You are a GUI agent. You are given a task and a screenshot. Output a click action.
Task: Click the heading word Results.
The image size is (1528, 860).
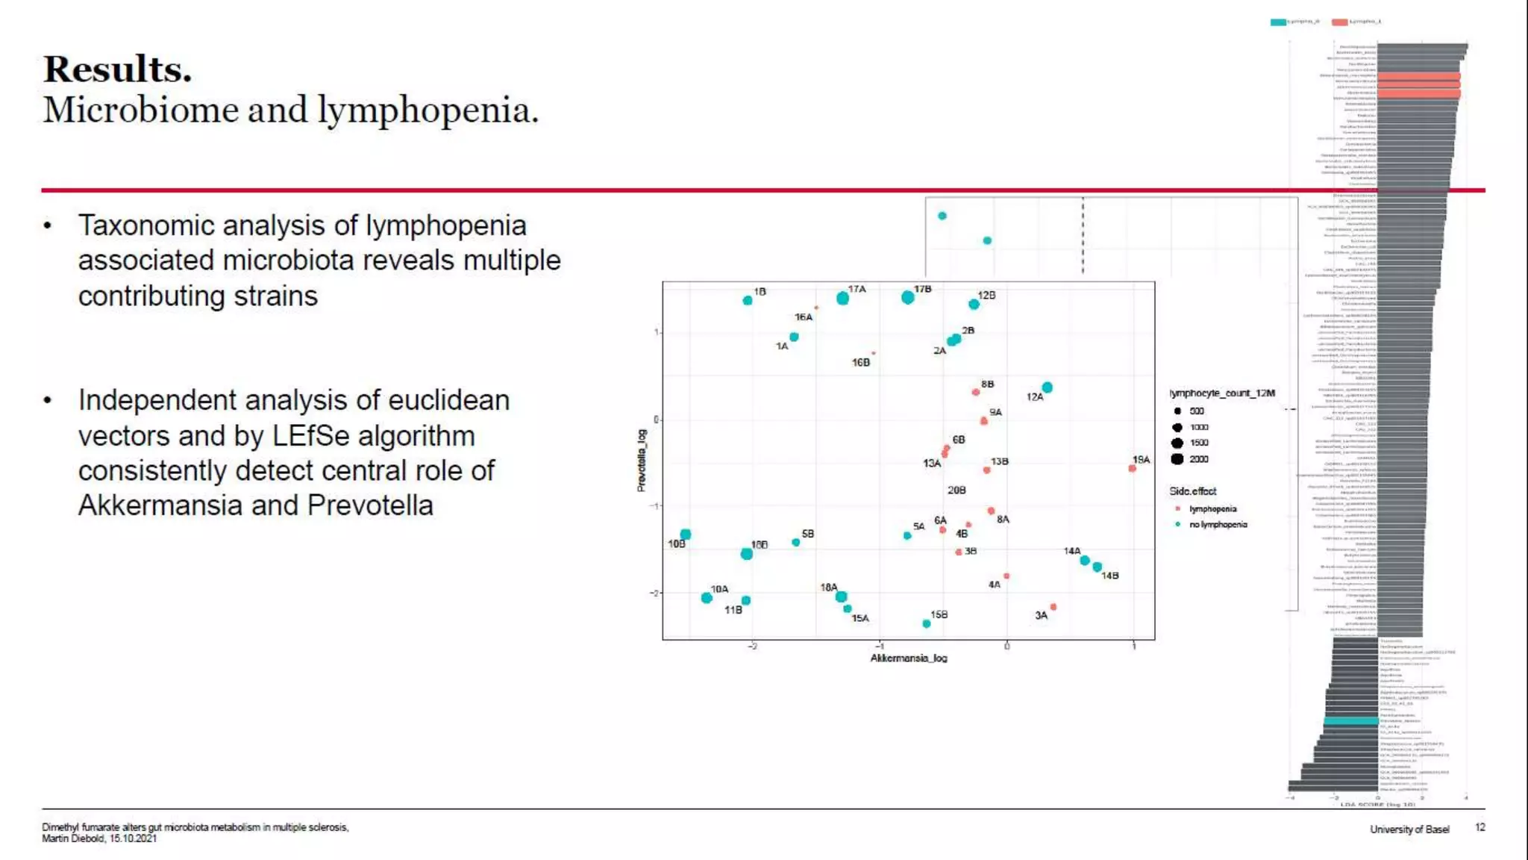click(117, 69)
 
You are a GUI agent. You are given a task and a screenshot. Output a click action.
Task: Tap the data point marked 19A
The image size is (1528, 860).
click(1132, 468)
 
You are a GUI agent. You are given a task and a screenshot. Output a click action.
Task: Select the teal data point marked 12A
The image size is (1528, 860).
click(1048, 387)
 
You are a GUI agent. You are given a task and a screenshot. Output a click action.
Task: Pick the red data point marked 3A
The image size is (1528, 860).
click(1053, 607)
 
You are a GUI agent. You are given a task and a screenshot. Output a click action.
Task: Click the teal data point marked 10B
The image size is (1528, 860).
click(686, 535)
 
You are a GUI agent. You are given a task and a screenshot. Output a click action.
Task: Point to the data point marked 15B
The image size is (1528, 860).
click(927, 623)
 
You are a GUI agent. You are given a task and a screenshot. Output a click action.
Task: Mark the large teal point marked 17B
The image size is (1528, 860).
click(907, 297)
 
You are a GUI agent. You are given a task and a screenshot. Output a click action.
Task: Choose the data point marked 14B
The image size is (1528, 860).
click(1098, 567)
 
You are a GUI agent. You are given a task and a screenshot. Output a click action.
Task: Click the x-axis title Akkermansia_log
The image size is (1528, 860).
click(908, 658)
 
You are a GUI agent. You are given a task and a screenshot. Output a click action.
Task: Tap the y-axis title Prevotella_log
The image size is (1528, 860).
click(641, 461)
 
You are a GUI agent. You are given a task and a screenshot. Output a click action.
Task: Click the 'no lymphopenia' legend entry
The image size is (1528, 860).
click(1218, 525)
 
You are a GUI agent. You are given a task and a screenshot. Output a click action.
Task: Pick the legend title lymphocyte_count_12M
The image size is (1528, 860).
click(1222, 393)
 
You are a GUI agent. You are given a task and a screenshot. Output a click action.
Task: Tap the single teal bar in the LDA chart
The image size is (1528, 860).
click(1350, 721)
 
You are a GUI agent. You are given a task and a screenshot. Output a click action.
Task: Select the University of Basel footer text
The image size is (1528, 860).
click(1409, 829)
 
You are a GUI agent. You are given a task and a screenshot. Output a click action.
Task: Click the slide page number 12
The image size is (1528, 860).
click(1480, 827)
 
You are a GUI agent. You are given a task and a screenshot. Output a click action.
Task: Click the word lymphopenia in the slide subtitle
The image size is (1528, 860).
click(428, 110)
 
